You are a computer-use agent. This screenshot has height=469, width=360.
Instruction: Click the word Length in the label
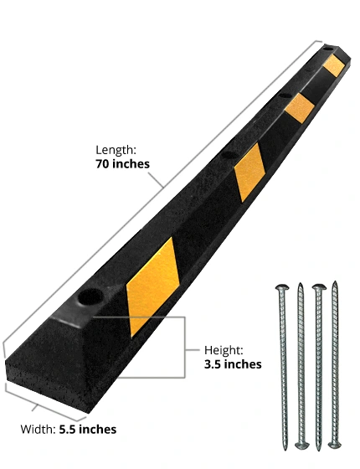pyautogui.click(x=116, y=150)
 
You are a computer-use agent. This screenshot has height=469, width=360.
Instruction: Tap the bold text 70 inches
pyautogui.click(x=122, y=164)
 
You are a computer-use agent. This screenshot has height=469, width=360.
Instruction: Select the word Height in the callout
pyautogui.click(x=224, y=350)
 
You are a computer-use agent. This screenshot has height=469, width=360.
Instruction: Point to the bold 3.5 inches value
pyautogui.click(x=233, y=364)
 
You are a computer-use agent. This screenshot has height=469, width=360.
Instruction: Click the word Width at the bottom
pyautogui.click(x=38, y=429)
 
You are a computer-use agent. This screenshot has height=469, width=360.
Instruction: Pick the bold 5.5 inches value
pyautogui.click(x=88, y=429)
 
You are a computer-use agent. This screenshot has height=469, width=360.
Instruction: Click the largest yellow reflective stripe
pyautogui.click(x=152, y=288)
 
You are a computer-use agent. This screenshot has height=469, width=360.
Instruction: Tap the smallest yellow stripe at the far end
pyautogui.click(x=333, y=65)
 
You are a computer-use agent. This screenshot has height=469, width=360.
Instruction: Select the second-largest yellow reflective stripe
pyautogui.click(x=249, y=173)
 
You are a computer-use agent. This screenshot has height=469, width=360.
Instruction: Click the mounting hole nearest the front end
pyautogui.click(x=90, y=297)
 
